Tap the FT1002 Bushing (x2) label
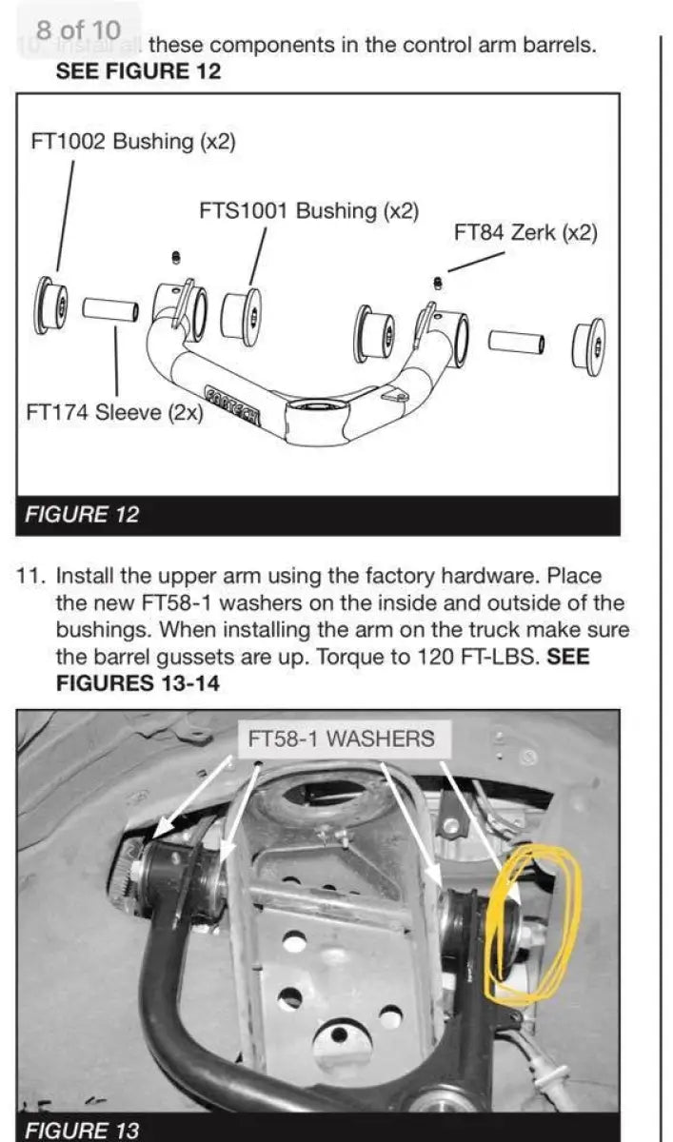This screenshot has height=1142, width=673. [x=133, y=142]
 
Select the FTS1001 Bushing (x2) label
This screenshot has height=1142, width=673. [x=308, y=210]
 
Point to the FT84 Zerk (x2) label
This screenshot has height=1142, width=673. [x=525, y=232]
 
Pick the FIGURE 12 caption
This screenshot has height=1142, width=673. [x=82, y=515]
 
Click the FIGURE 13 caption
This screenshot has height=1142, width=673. [x=82, y=1131]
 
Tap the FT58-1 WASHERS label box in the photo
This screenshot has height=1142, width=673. [x=340, y=738]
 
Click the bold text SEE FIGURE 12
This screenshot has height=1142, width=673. [x=139, y=71]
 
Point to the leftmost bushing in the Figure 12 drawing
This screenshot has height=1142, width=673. [x=50, y=305]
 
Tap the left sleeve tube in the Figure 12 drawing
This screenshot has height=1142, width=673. [x=109, y=309]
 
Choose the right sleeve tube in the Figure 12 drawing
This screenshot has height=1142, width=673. [x=517, y=341]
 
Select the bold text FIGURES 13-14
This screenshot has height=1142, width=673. [x=138, y=683]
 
